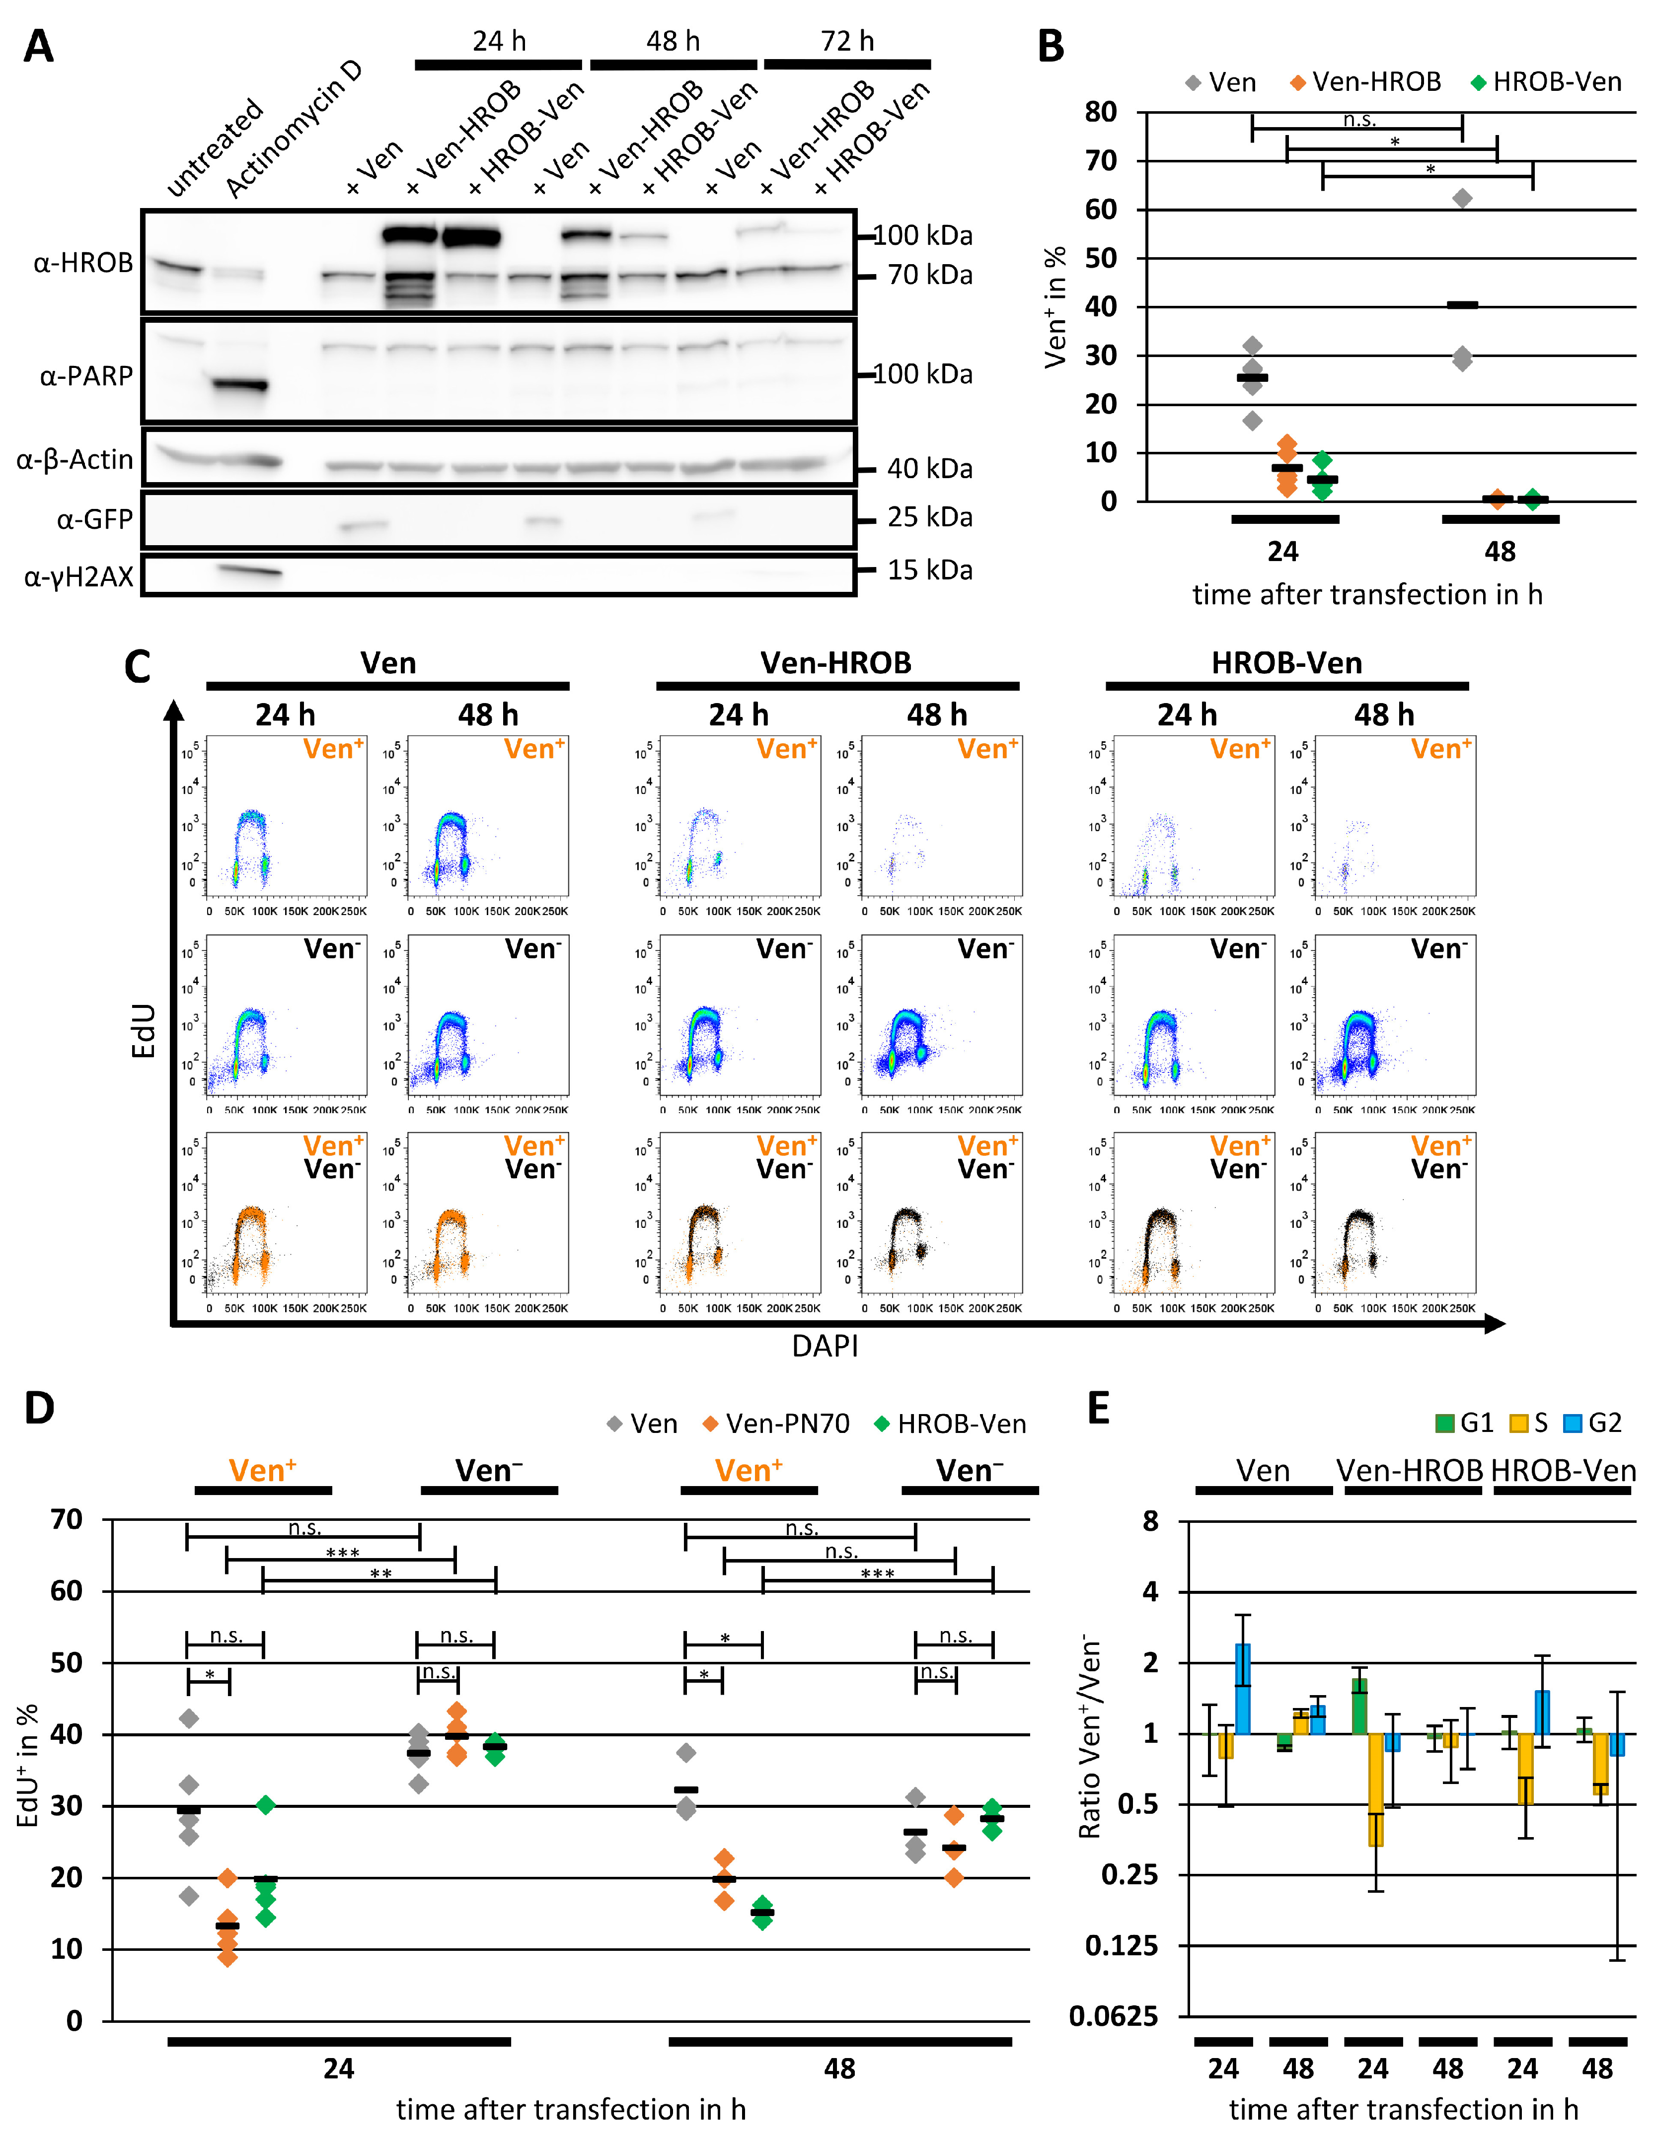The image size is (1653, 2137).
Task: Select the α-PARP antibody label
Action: tap(86, 376)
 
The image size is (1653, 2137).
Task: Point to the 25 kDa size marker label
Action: tap(929, 517)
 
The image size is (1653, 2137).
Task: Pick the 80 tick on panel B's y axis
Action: tap(1101, 113)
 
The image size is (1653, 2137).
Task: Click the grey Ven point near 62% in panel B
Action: tap(1462, 199)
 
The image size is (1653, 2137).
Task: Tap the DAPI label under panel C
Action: tap(825, 1347)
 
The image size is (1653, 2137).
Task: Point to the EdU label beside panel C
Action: tap(144, 1030)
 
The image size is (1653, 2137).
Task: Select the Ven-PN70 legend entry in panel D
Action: tap(776, 1424)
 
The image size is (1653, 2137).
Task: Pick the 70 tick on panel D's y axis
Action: tap(67, 1519)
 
